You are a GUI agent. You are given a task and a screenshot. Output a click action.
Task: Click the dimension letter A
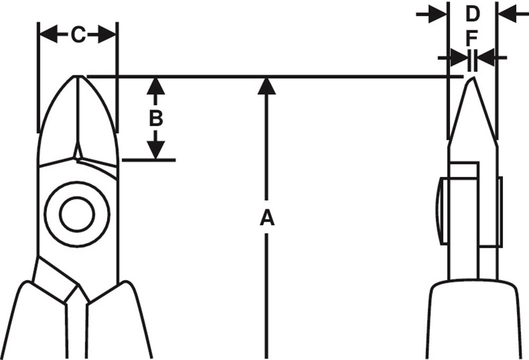[267, 217]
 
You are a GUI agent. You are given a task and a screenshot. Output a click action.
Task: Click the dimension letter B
[155, 118]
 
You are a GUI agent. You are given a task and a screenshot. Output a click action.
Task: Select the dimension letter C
[78, 35]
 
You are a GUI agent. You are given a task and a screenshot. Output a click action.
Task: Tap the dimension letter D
[472, 14]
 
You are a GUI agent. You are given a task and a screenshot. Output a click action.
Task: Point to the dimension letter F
[472, 38]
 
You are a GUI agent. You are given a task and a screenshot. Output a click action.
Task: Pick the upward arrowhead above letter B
[155, 86]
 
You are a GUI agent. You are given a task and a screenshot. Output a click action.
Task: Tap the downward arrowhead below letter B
[155, 150]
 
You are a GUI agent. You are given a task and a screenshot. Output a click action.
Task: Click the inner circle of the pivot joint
[77, 214]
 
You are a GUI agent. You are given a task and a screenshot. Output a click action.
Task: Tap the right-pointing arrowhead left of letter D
[439, 14]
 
